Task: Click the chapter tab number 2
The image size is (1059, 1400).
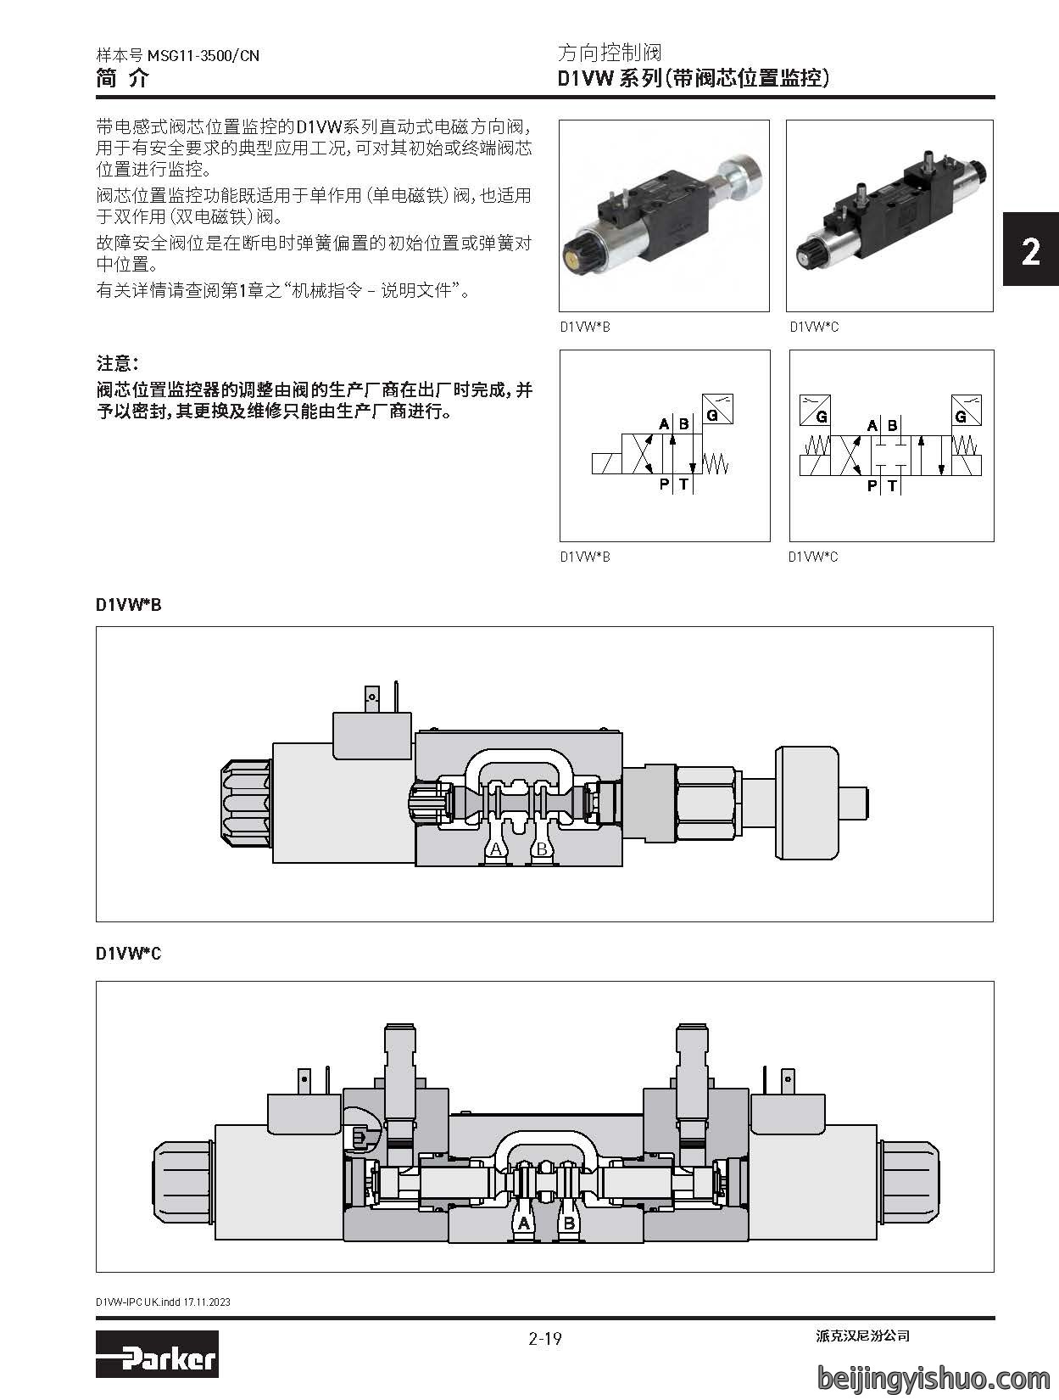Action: click(x=1030, y=252)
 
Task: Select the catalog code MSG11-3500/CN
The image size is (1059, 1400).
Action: click(x=203, y=55)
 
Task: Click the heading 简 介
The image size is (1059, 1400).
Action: click(x=123, y=78)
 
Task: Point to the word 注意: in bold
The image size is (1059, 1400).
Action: click(x=118, y=363)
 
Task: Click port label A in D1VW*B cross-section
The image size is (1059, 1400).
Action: click(x=496, y=849)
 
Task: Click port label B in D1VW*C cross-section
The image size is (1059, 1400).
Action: click(x=569, y=1223)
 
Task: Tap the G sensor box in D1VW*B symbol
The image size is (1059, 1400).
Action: click(x=717, y=409)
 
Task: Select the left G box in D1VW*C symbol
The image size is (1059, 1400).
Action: click(x=815, y=410)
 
